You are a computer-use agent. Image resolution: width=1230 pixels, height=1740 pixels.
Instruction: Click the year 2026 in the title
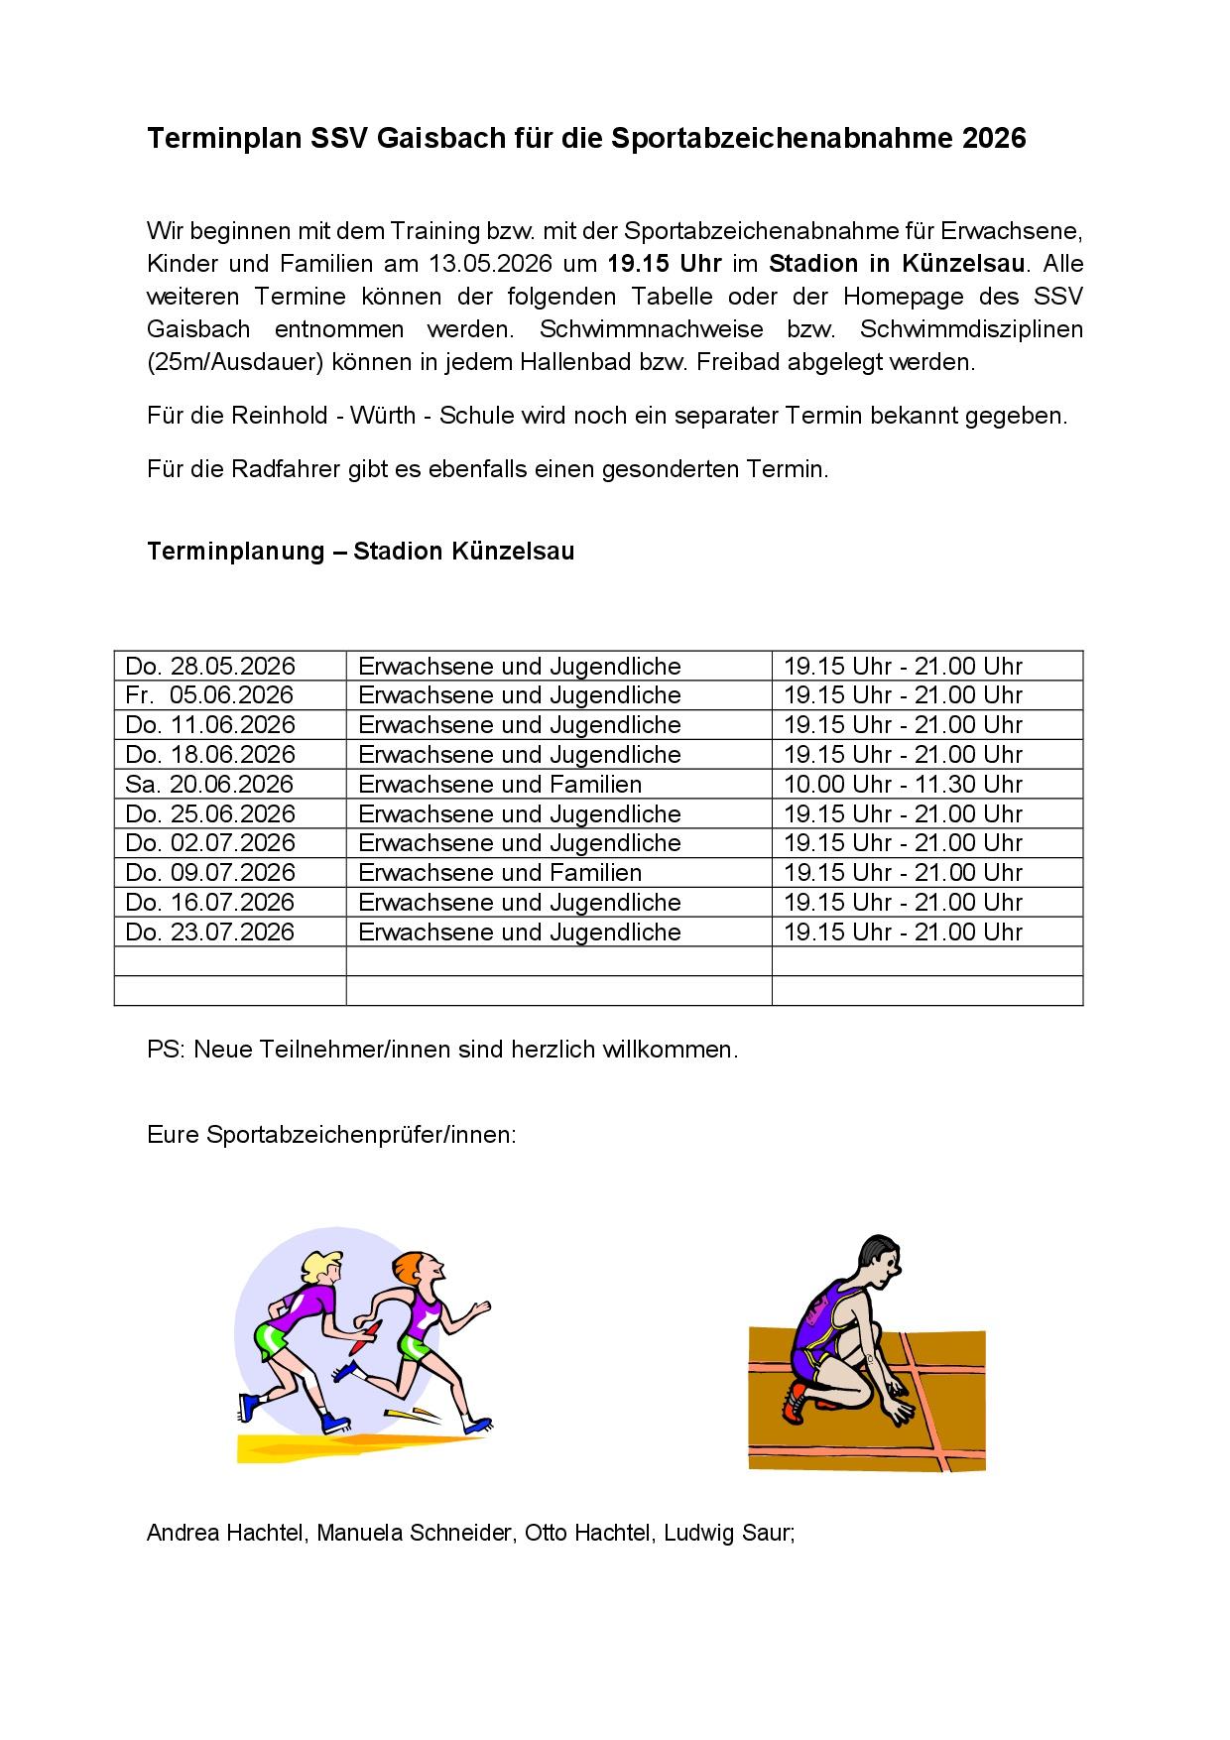[994, 139]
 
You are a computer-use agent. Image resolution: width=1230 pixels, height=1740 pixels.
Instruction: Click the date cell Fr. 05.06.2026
[210, 695]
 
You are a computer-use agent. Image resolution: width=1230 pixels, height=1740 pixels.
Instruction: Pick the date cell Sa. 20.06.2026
[210, 785]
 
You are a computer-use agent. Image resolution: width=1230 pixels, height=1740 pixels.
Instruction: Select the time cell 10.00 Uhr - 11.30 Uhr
[903, 785]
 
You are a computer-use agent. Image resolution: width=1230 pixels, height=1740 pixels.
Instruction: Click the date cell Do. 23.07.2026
[210, 932]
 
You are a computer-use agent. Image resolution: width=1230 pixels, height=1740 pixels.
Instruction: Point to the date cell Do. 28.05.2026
[210, 667]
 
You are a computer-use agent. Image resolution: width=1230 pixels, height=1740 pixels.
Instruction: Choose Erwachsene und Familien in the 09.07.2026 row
[500, 873]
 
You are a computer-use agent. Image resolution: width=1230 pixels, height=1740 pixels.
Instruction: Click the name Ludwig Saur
[728, 1533]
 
